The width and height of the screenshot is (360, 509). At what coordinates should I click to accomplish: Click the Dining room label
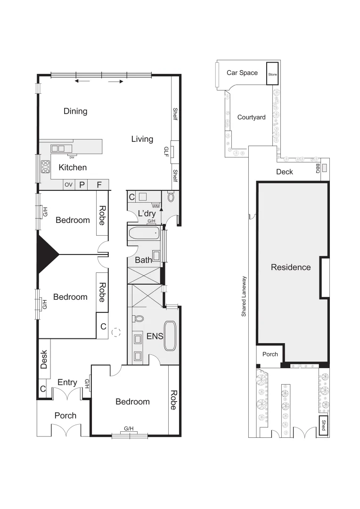point(75,111)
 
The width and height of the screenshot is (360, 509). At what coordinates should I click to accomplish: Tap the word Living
point(142,139)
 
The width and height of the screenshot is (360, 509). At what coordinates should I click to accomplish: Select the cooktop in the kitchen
point(46,167)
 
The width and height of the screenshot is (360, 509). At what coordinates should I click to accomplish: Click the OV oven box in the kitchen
point(69,185)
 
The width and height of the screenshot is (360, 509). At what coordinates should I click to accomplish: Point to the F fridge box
point(99,185)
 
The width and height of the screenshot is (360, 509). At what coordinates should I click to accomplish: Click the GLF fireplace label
point(166,151)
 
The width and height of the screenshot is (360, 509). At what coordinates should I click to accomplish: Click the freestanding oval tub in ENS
point(170,336)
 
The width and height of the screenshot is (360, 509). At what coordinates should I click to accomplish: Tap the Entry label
point(67,382)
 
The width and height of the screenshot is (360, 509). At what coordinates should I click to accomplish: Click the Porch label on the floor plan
point(65,415)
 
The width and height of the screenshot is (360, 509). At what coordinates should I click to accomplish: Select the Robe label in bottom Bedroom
point(173,400)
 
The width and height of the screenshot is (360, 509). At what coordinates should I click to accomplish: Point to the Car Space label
point(242,73)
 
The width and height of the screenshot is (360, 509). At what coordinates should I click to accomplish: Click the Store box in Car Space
point(273,74)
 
